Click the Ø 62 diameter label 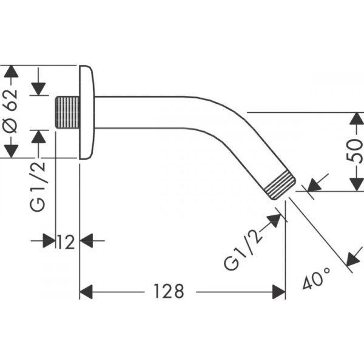[11, 111]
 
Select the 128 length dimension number [169, 291]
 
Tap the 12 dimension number [66, 241]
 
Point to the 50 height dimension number [354, 151]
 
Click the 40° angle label [317, 278]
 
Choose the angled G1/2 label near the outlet [243, 251]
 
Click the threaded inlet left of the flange [67, 113]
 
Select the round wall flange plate [87, 112]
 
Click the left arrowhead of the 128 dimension [86, 292]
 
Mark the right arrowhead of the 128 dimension [279, 292]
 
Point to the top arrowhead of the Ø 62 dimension [11, 72]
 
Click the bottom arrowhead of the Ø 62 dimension [11, 151]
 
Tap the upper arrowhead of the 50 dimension [357, 118]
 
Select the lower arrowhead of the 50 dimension [357, 185]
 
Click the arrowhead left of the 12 [49, 241]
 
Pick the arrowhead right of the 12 [86, 241]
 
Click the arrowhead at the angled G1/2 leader [275, 220]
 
